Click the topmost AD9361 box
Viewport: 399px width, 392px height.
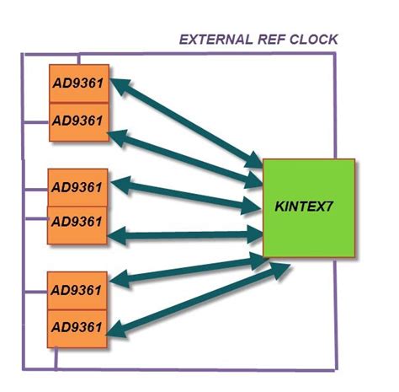(78, 83)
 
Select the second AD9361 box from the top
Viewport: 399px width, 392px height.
(78, 121)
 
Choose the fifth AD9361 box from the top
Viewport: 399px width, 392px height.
(77, 290)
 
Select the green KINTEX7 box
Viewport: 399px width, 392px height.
(308, 207)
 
